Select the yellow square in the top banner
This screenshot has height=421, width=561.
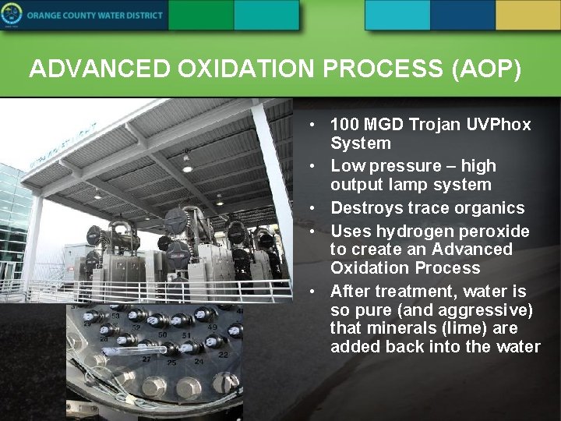[527, 15]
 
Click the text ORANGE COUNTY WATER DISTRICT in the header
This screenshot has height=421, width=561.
[96, 16]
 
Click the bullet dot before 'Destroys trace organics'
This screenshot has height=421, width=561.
[311, 208]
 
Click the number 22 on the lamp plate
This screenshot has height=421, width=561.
[223, 355]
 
